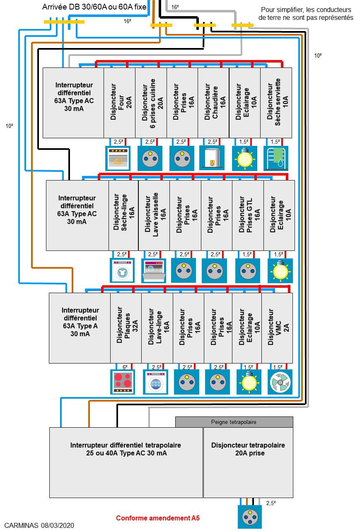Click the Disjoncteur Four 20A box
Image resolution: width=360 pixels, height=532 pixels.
click(x=119, y=103)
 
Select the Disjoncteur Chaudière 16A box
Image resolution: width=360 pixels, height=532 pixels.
click(x=213, y=103)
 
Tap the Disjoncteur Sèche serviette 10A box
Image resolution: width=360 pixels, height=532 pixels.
click(x=276, y=103)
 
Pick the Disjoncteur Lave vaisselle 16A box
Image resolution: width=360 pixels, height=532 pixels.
click(x=154, y=215)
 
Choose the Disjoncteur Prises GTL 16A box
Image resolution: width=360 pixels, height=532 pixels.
click(x=248, y=215)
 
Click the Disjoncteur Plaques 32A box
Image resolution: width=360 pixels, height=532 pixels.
click(x=126, y=328)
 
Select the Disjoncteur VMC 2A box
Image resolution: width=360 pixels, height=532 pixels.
click(x=277, y=328)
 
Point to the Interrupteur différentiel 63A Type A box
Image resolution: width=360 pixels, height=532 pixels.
click(x=80, y=328)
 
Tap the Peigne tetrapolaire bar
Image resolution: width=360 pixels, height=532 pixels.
click(x=234, y=422)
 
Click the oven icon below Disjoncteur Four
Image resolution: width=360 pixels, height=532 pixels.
click(x=118, y=158)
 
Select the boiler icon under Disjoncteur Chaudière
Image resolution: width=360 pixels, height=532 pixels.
click(x=212, y=158)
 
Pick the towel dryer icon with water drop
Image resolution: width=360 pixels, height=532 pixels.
click(x=276, y=158)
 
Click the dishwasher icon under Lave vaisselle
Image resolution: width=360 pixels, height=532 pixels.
click(x=154, y=271)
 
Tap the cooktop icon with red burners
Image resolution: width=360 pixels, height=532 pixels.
click(x=123, y=382)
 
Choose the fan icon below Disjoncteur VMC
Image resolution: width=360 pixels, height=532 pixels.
click(x=280, y=382)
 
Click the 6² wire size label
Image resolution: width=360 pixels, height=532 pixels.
click(x=125, y=367)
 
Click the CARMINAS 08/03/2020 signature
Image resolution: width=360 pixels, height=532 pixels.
click(x=39, y=525)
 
